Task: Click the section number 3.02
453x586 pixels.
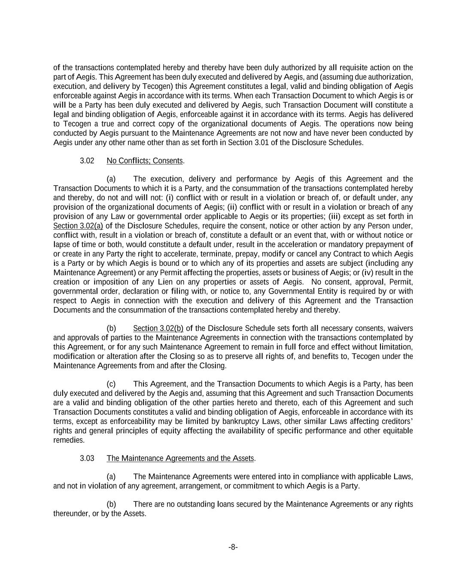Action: [87, 161]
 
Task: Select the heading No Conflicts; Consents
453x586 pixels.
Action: [145, 161]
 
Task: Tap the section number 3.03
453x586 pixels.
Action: [87, 458]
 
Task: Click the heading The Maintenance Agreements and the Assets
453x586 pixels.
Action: [180, 458]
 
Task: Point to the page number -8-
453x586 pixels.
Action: [233, 547]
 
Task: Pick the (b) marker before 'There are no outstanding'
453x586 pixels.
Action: [111, 504]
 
